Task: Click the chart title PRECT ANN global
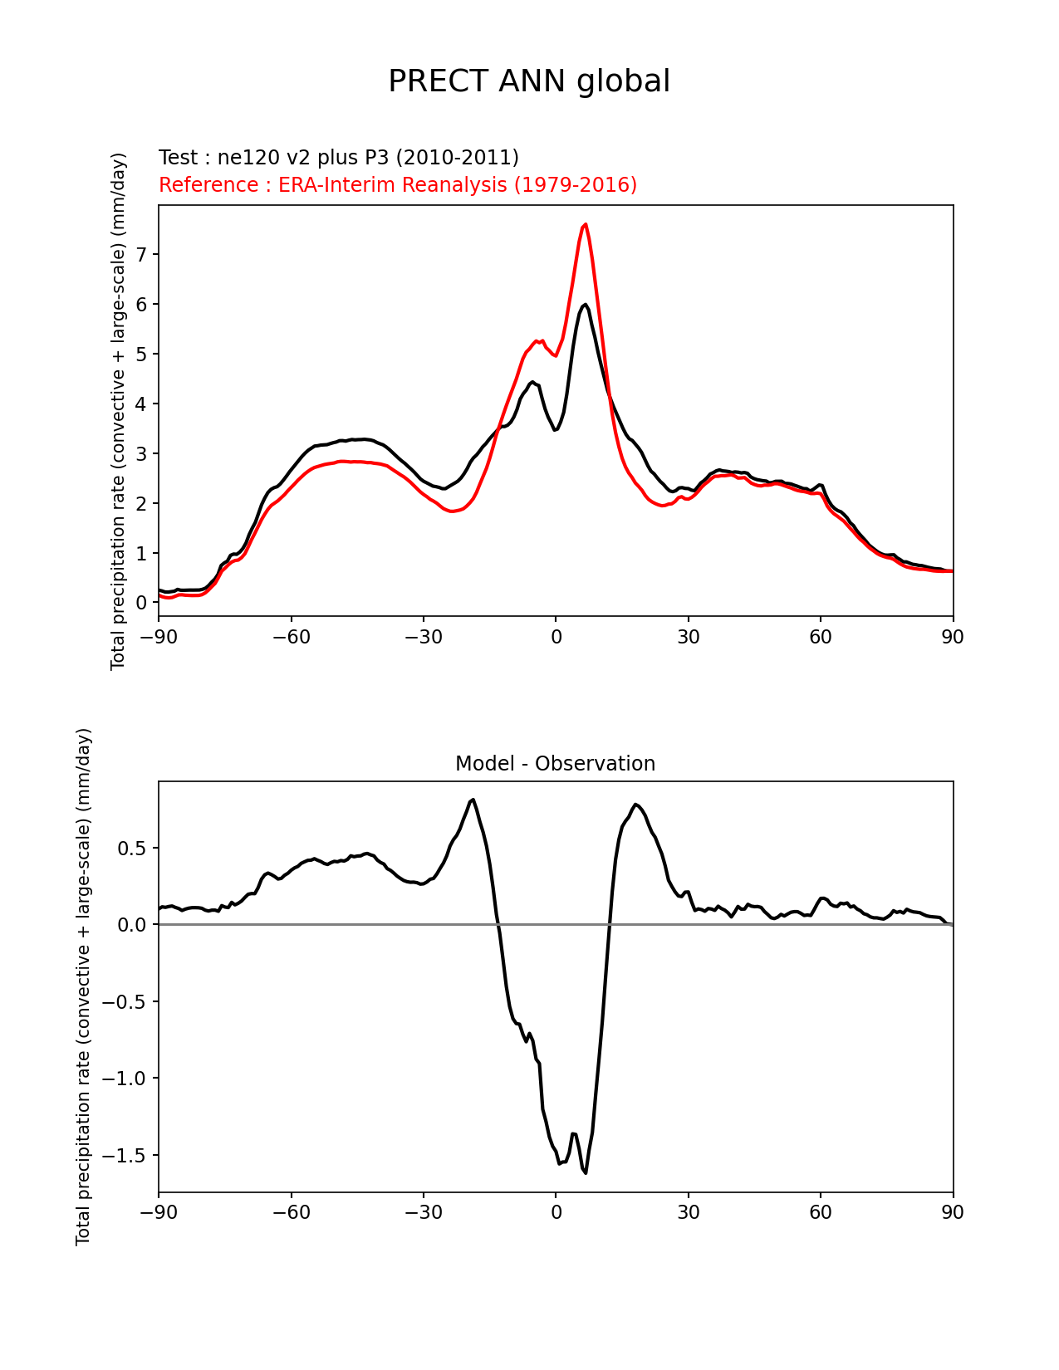click(529, 81)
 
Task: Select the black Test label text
click(338, 158)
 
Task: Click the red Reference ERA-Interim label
click(398, 185)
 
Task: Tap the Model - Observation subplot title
click(555, 764)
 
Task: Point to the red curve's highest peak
click(586, 224)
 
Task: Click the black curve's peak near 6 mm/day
click(585, 305)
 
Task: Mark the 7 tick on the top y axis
click(141, 254)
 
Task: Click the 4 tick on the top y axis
click(141, 404)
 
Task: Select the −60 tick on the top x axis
click(291, 637)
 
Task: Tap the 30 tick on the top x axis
click(688, 637)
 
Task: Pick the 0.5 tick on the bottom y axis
click(133, 848)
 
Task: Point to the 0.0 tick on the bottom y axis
click(133, 925)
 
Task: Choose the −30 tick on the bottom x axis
click(423, 1212)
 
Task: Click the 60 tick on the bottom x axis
click(821, 1212)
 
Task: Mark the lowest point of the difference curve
click(586, 1172)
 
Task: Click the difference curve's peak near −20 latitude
click(473, 800)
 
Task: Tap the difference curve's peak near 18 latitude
click(635, 805)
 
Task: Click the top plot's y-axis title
click(119, 411)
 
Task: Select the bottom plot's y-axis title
click(83, 986)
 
